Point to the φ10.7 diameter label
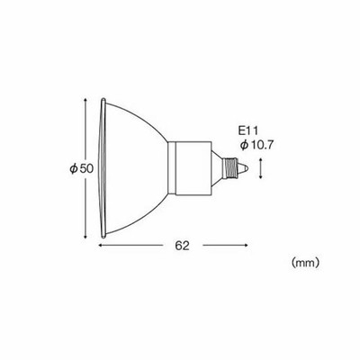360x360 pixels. (x=254, y=144)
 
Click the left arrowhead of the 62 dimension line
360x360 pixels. (x=100, y=243)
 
